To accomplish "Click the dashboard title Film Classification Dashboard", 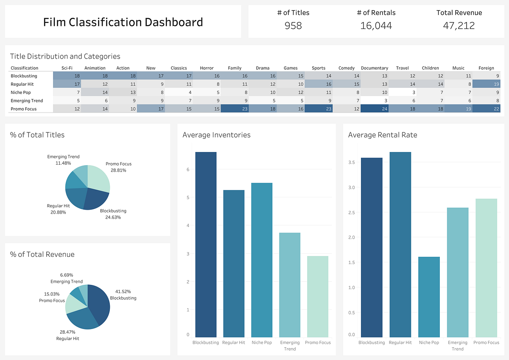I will (123, 22).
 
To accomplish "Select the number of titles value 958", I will (293, 26).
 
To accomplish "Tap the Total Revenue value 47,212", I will (459, 26).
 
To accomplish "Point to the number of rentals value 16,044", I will (376, 26).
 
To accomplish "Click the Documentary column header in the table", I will (374, 68).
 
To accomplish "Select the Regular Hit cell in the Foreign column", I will (486, 84).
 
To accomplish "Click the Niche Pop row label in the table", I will (21, 92).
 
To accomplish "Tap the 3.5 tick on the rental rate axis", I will (352, 162).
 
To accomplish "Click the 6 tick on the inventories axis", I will (188, 169).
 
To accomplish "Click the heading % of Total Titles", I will (37, 135).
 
